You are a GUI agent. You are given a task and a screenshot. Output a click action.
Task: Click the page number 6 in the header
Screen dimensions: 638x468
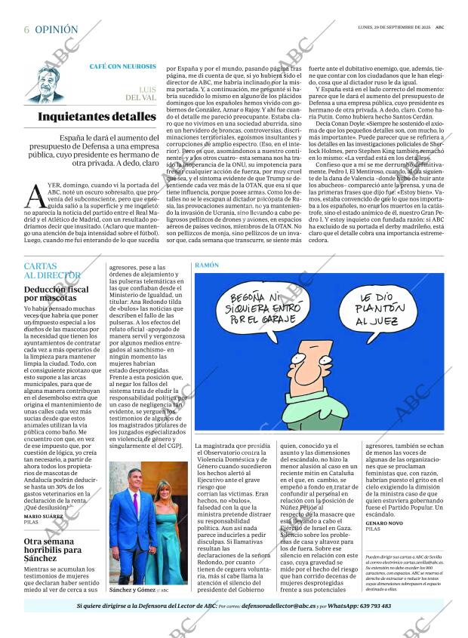click(26, 29)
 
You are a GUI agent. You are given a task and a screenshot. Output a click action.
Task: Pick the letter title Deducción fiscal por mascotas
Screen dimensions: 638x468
click(56, 293)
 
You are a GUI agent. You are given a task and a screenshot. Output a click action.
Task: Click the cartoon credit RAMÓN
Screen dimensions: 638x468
click(205, 266)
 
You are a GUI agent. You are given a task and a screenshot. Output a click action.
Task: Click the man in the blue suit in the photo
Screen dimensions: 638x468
click(132, 528)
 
